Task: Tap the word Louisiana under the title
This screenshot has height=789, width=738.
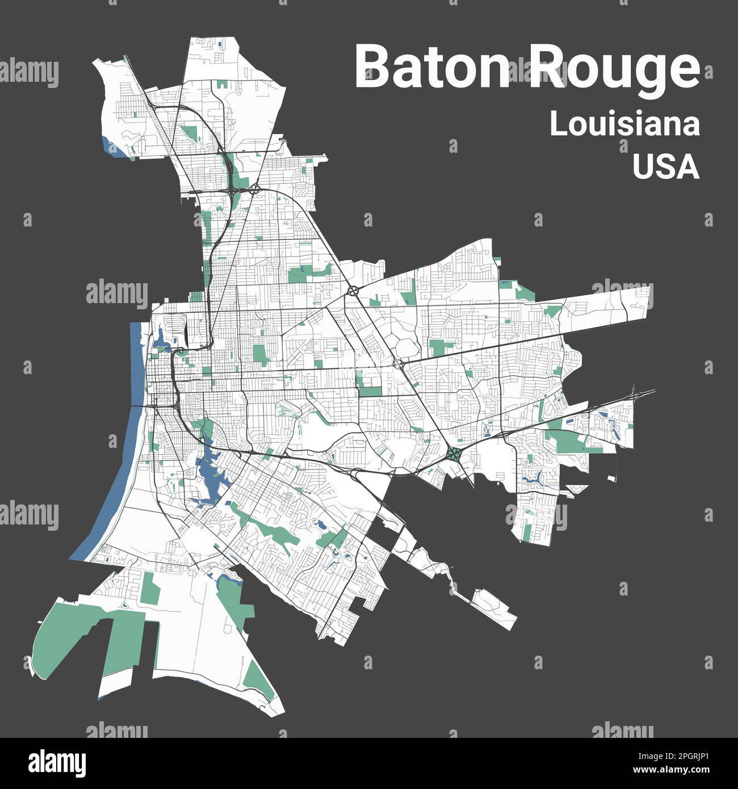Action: (x=624, y=125)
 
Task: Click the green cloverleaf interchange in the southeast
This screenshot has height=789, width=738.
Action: (x=454, y=454)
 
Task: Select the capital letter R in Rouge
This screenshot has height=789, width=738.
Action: (x=546, y=67)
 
